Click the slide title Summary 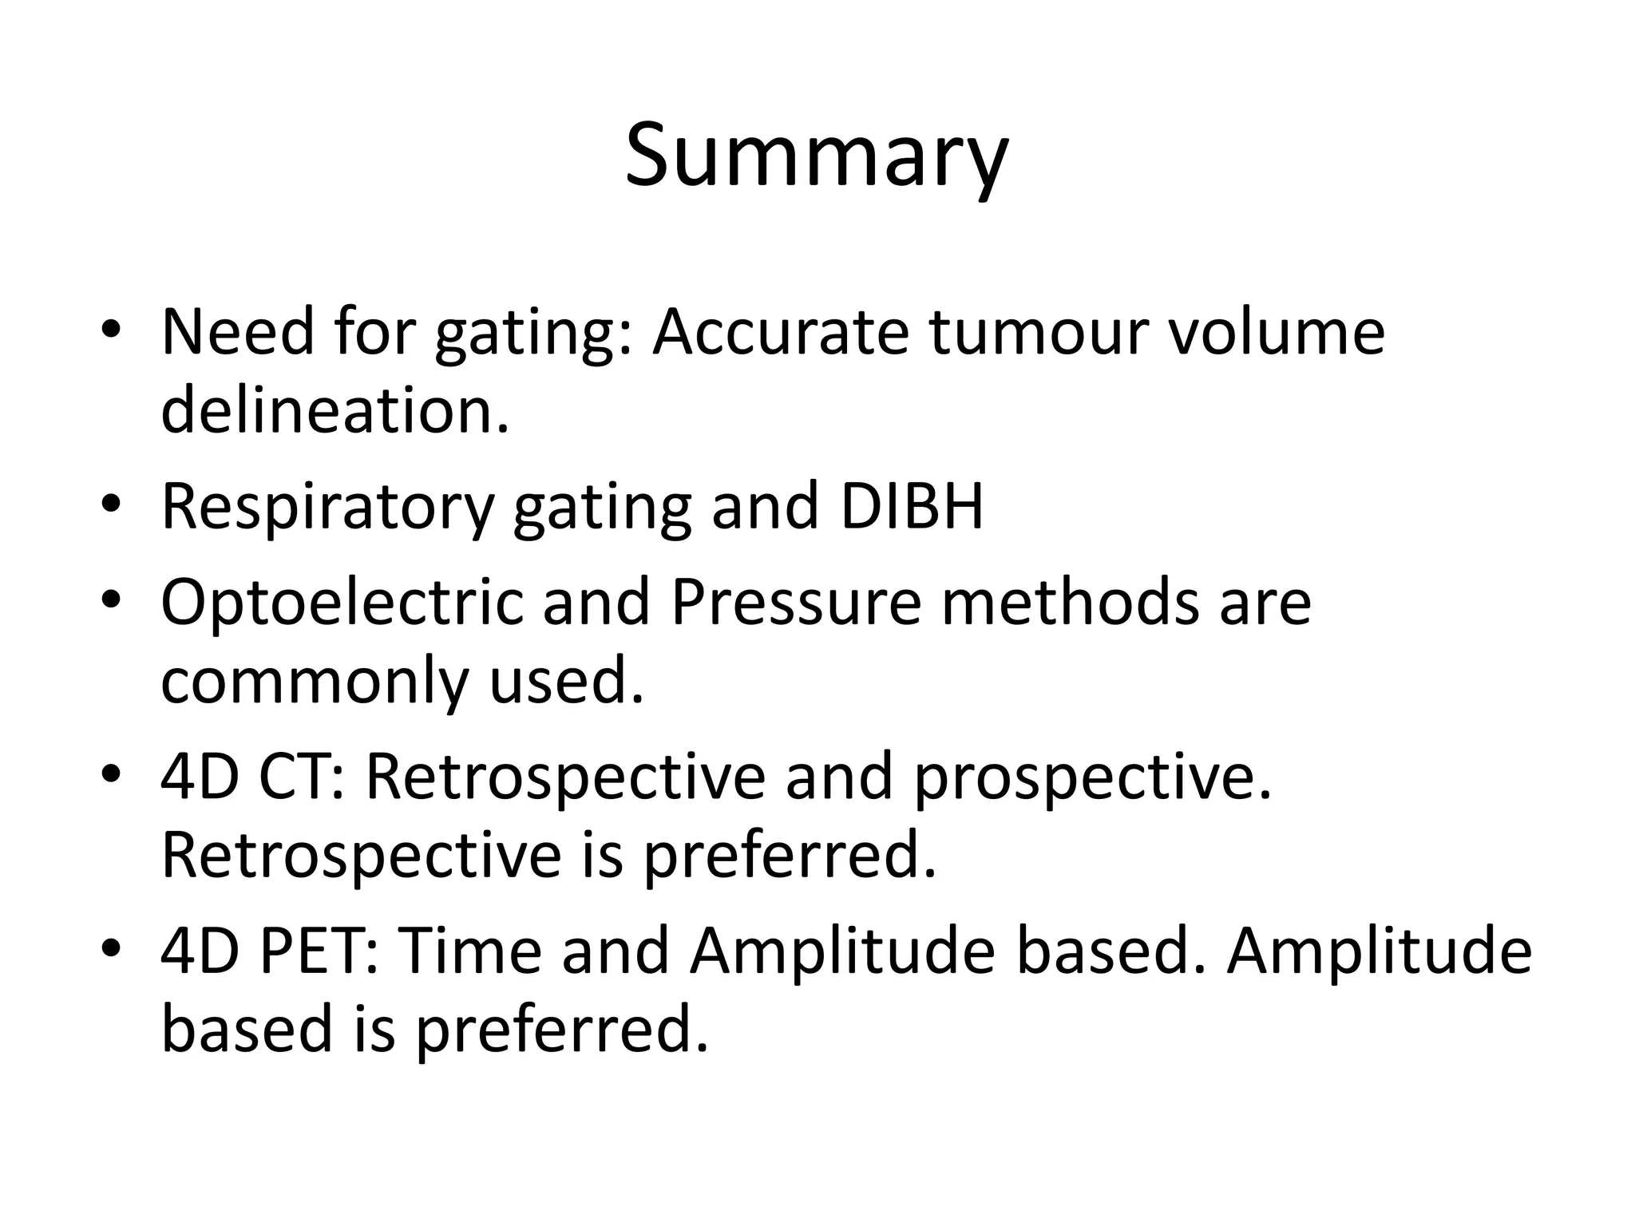[817, 156]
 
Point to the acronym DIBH [911, 507]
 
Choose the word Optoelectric [342, 603]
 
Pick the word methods [1070, 603]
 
